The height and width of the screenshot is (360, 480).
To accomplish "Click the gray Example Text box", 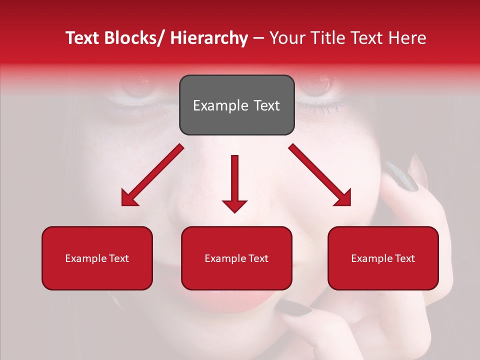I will click(x=236, y=105).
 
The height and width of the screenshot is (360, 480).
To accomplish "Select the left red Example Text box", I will click(x=97, y=258).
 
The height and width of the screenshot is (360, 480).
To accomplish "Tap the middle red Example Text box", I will click(x=236, y=258).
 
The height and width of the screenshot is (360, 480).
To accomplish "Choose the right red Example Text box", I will click(x=383, y=258).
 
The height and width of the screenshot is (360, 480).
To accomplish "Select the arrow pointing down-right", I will click(x=320, y=175).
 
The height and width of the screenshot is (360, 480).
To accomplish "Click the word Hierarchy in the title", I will click(x=209, y=38).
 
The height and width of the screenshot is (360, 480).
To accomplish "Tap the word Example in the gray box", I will click(x=220, y=105).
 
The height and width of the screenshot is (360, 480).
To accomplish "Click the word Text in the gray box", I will click(x=266, y=105).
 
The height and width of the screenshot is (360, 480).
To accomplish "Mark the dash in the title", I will click(x=258, y=39).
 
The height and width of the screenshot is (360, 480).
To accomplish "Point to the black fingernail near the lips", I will click(x=295, y=309).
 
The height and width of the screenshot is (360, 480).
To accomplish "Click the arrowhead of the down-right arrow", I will click(x=343, y=198).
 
